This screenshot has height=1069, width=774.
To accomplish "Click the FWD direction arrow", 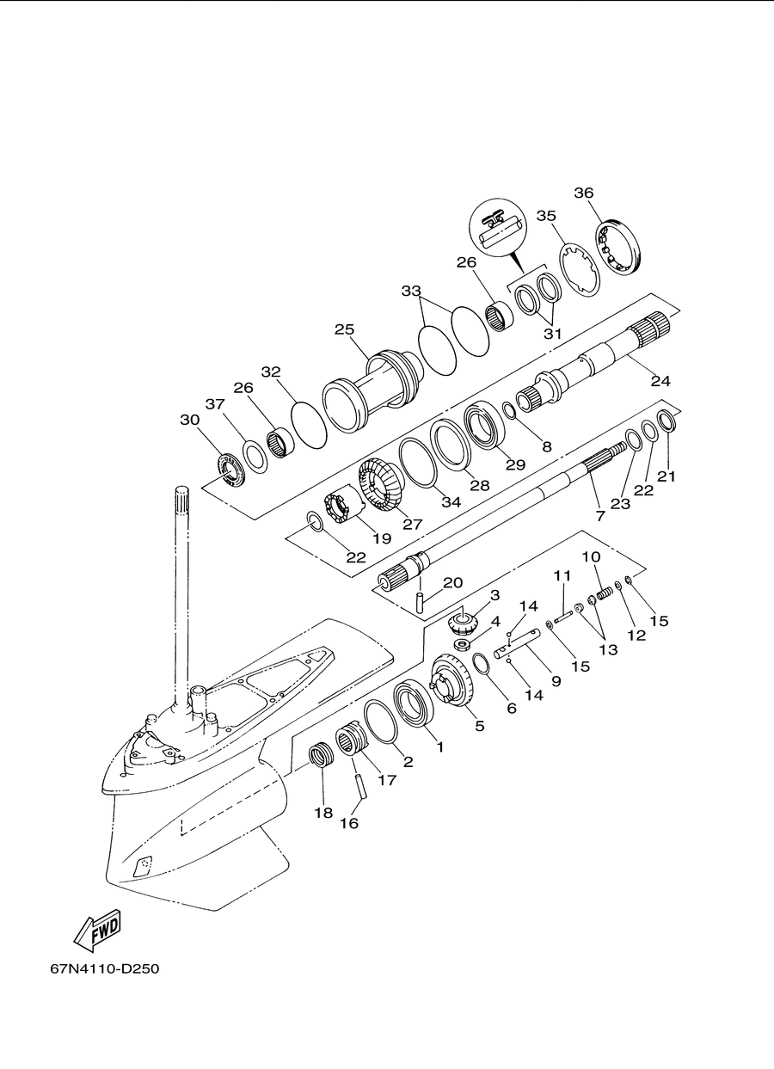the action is (x=97, y=929).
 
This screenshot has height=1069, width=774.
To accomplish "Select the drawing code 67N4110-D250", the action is (x=104, y=968).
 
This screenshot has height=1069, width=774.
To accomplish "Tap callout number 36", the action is (x=584, y=193).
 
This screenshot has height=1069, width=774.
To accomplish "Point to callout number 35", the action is (x=546, y=216).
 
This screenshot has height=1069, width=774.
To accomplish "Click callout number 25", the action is (x=344, y=329).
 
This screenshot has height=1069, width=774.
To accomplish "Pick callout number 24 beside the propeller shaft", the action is (x=660, y=381).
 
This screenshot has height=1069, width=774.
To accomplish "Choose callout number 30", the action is (x=189, y=420).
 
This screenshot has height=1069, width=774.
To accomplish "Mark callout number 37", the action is (x=215, y=404).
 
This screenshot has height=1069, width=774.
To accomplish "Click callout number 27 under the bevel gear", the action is (x=412, y=524).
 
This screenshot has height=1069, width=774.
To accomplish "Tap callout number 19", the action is (x=382, y=538).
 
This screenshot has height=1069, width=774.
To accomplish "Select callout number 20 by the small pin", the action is (x=453, y=582).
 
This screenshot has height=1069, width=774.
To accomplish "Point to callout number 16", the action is (x=349, y=823).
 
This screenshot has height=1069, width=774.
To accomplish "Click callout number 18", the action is (x=323, y=813).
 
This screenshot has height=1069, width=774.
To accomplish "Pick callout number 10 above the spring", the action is (x=591, y=556).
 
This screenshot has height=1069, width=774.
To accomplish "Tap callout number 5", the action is (x=480, y=726).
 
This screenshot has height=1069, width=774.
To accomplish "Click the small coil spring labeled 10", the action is (x=604, y=595).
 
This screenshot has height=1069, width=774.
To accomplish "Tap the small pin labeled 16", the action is (x=361, y=793).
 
